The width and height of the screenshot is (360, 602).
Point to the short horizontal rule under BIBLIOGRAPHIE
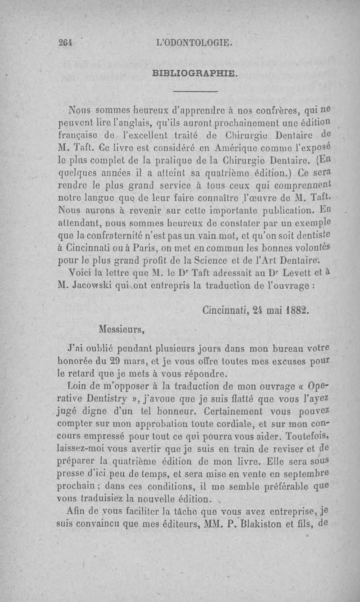(195, 93)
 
